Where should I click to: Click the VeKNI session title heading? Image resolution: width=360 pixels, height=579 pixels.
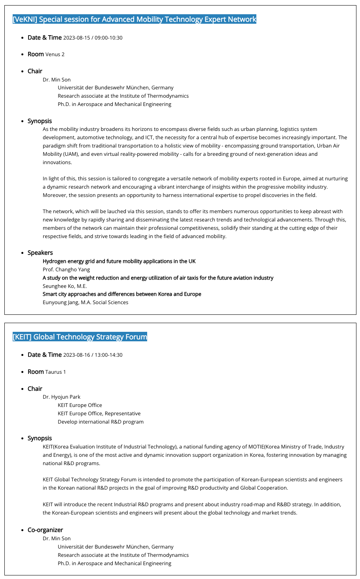click(135, 19)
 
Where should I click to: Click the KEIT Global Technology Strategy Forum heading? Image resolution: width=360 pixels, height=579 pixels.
click(80, 337)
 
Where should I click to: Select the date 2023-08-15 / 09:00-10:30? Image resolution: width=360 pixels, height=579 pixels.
click(93, 38)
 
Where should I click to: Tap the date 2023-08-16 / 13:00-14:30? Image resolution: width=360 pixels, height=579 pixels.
click(93, 355)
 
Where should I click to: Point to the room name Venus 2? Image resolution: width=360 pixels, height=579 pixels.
click(55, 55)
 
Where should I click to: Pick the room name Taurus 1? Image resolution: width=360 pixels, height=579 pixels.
click(56, 372)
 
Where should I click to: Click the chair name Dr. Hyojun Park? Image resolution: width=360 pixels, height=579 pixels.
click(61, 397)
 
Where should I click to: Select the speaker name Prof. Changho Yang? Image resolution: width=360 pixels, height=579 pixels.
click(66, 269)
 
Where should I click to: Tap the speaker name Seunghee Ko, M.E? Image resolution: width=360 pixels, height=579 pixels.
click(64, 286)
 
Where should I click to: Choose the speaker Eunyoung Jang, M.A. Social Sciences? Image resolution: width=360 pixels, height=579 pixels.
click(85, 302)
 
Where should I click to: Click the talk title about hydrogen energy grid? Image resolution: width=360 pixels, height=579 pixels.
click(119, 261)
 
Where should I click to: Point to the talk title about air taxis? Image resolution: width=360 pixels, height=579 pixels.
click(158, 278)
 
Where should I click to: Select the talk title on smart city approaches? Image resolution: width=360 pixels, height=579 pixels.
click(122, 294)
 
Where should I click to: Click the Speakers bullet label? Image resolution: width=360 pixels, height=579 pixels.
click(40, 253)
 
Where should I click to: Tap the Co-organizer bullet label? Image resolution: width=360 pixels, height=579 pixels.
click(45, 530)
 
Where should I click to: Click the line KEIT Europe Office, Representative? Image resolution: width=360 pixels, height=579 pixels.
click(99, 413)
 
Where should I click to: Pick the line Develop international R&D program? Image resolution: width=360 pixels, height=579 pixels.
click(100, 422)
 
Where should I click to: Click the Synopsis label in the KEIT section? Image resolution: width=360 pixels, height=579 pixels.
click(40, 438)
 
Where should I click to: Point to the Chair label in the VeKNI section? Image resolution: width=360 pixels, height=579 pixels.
click(35, 71)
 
